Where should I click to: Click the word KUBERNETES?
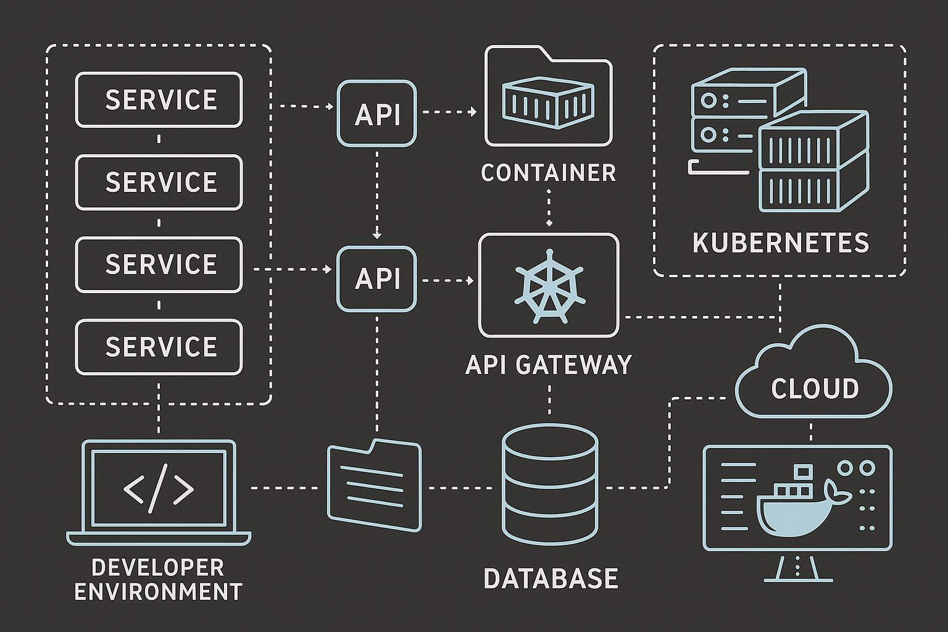(x=780, y=243)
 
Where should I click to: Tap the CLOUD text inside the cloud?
(x=815, y=389)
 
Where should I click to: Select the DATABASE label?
(x=551, y=579)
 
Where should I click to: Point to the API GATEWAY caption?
(x=549, y=365)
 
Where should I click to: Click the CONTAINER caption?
(x=549, y=173)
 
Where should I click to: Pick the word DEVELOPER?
(x=158, y=567)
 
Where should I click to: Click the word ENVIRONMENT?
(x=158, y=591)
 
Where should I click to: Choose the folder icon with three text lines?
(x=375, y=485)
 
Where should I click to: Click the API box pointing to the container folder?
(x=376, y=114)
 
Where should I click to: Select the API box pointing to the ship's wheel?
(x=376, y=279)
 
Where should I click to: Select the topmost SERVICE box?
(x=159, y=100)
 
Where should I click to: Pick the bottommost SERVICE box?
(x=159, y=347)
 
